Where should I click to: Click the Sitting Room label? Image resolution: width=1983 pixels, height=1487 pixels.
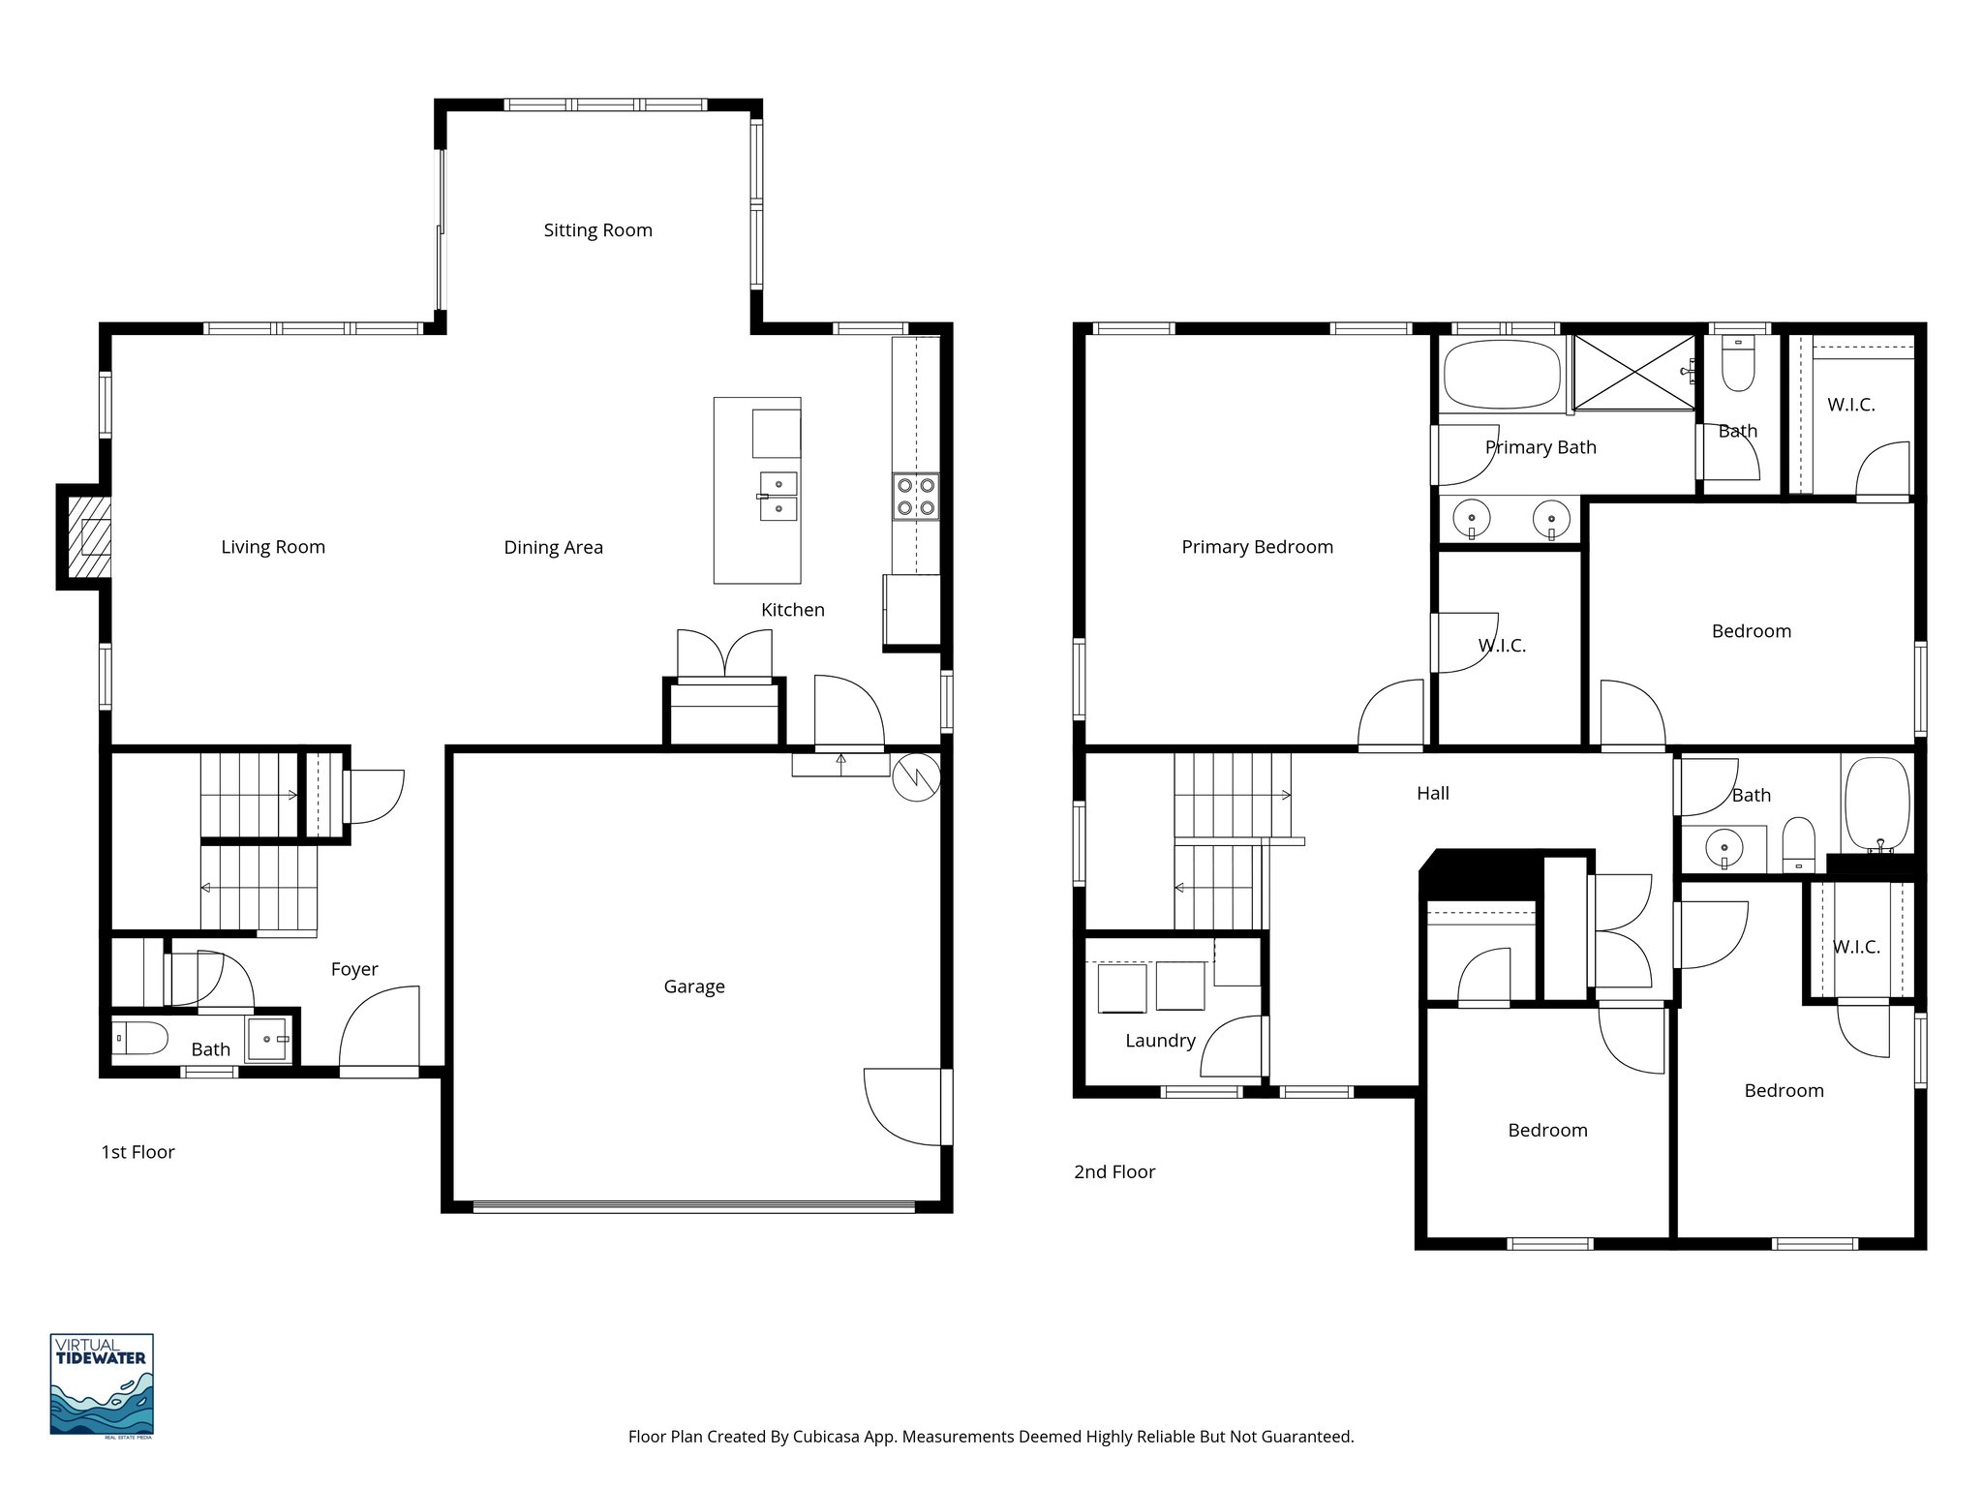click(x=597, y=230)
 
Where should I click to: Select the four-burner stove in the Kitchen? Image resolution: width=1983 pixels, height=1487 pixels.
click(x=915, y=497)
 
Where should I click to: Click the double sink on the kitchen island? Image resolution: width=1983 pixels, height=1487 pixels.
click(x=778, y=497)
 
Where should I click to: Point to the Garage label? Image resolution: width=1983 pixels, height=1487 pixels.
click(x=693, y=986)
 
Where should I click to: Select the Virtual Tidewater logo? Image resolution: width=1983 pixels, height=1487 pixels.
click(x=102, y=1383)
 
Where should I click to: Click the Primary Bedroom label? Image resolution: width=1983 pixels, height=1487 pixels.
click(x=1257, y=547)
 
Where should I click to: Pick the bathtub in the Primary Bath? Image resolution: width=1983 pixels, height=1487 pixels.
click(x=1501, y=374)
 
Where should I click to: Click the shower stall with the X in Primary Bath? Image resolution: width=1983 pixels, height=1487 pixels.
click(x=1633, y=372)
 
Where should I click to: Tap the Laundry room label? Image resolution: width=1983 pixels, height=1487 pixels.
click(x=1160, y=1041)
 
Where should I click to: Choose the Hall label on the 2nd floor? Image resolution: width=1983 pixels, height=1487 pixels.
click(x=1432, y=793)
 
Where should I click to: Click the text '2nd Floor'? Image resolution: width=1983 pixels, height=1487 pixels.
click(x=1114, y=1171)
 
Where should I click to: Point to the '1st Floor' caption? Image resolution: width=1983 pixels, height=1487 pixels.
click(x=137, y=1152)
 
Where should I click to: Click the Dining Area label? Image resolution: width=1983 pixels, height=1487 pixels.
click(x=553, y=548)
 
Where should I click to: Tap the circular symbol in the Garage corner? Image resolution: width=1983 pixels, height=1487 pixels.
click(x=915, y=777)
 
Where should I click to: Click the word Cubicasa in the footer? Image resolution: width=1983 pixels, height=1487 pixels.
click(x=830, y=1437)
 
